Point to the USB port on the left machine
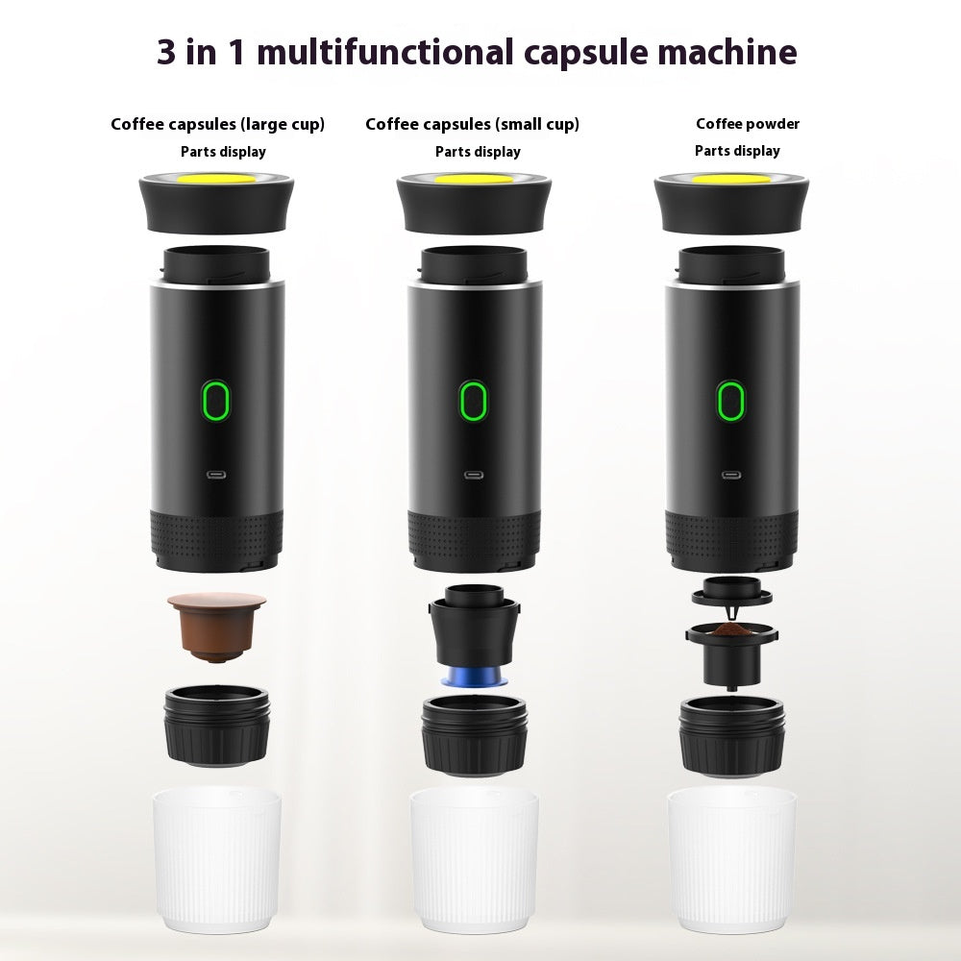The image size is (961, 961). [x=217, y=475]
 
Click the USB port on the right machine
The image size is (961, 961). [x=730, y=475]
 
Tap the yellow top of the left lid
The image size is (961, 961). [x=217, y=180]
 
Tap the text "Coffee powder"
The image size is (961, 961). [x=748, y=124]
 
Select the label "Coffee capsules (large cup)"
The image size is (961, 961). [x=217, y=124]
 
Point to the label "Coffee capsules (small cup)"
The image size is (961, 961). [x=472, y=124]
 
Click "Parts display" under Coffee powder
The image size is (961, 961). [x=737, y=151]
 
